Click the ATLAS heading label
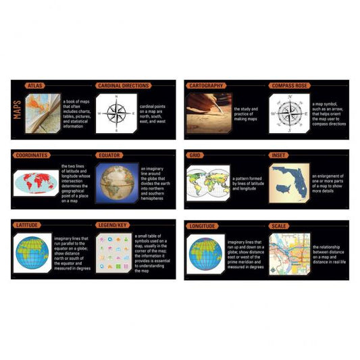coord(35,86)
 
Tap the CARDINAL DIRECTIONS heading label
coord(124,86)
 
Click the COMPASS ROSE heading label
coord(290,86)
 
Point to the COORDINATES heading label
coord(32,155)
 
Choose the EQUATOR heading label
coord(111,155)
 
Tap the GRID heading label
coord(196,155)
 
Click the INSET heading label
coord(279,155)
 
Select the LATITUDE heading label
coord(29,225)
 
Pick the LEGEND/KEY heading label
coord(112,225)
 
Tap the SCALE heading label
coord(279,225)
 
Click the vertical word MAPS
coord(18,110)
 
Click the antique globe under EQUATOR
coord(118,182)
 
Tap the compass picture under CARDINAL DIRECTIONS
coord(116,111)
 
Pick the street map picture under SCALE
coord(289,254)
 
